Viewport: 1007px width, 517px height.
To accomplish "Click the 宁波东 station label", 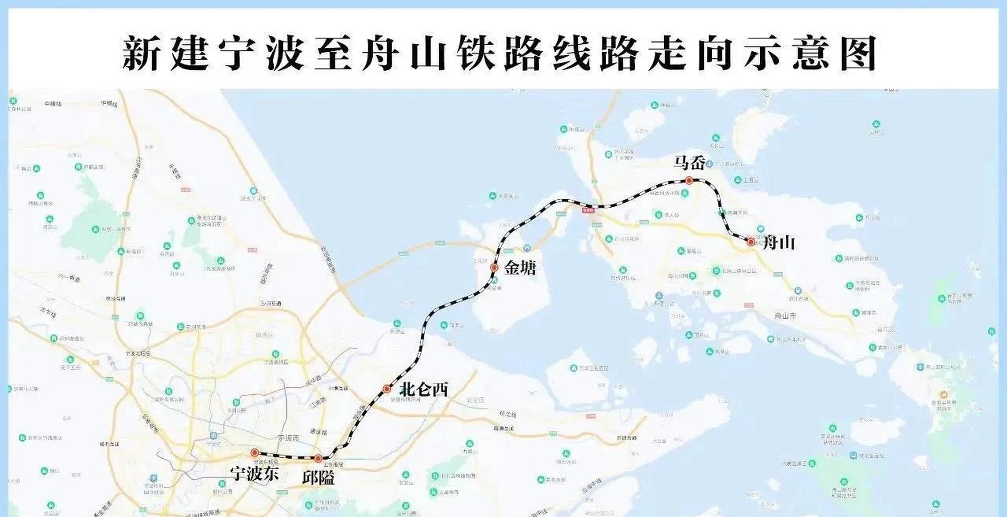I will click(x=254, y=474).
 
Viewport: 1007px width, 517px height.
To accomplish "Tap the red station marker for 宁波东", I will click(x=254, y=452).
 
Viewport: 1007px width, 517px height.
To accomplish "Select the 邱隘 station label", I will click(x=318, y=478).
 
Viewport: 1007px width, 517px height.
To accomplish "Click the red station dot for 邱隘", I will click(x=318, y=458).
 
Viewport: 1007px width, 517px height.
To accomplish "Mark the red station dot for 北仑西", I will click(x=387, y=389).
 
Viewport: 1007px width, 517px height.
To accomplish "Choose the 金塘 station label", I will click(x=520, y=268).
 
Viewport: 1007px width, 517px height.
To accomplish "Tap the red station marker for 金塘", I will click(x=494, y=267).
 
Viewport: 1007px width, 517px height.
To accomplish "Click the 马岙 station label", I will click(x=689, y=164).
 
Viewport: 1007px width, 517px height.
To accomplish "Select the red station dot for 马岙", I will click(x=689, y=181).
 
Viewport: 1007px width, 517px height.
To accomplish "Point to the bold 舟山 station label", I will click(x=778, y=243).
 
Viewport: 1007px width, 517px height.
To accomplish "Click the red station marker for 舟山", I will click(x=751, y=242).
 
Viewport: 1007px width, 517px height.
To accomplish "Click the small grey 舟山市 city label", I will click(x=785, y=316).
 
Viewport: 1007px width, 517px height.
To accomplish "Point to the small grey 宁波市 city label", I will click(x=290, y=438).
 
